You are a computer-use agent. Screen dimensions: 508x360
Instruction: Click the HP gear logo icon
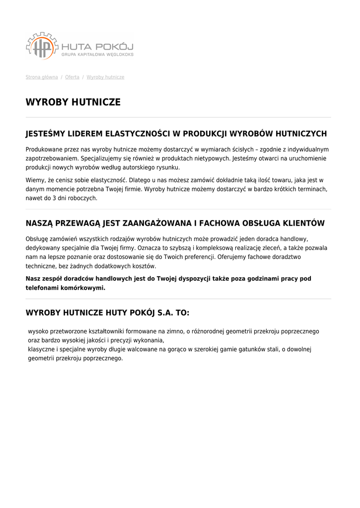pos(42,46)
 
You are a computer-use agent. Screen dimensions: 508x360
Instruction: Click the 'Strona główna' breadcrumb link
pos(42,77)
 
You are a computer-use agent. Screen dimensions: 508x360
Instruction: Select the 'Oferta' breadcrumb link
pos(72,77)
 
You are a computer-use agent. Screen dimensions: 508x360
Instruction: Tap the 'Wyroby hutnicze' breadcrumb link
pos(105,77)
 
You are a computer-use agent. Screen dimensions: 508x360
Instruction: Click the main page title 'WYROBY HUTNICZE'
pos(73,102)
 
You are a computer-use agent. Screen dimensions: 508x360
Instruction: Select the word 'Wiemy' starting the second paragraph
pos(35,180)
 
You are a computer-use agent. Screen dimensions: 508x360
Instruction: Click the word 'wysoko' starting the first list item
pos(37,331)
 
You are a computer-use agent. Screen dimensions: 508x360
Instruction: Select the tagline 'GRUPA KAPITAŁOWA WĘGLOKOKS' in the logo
pos(97,55)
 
